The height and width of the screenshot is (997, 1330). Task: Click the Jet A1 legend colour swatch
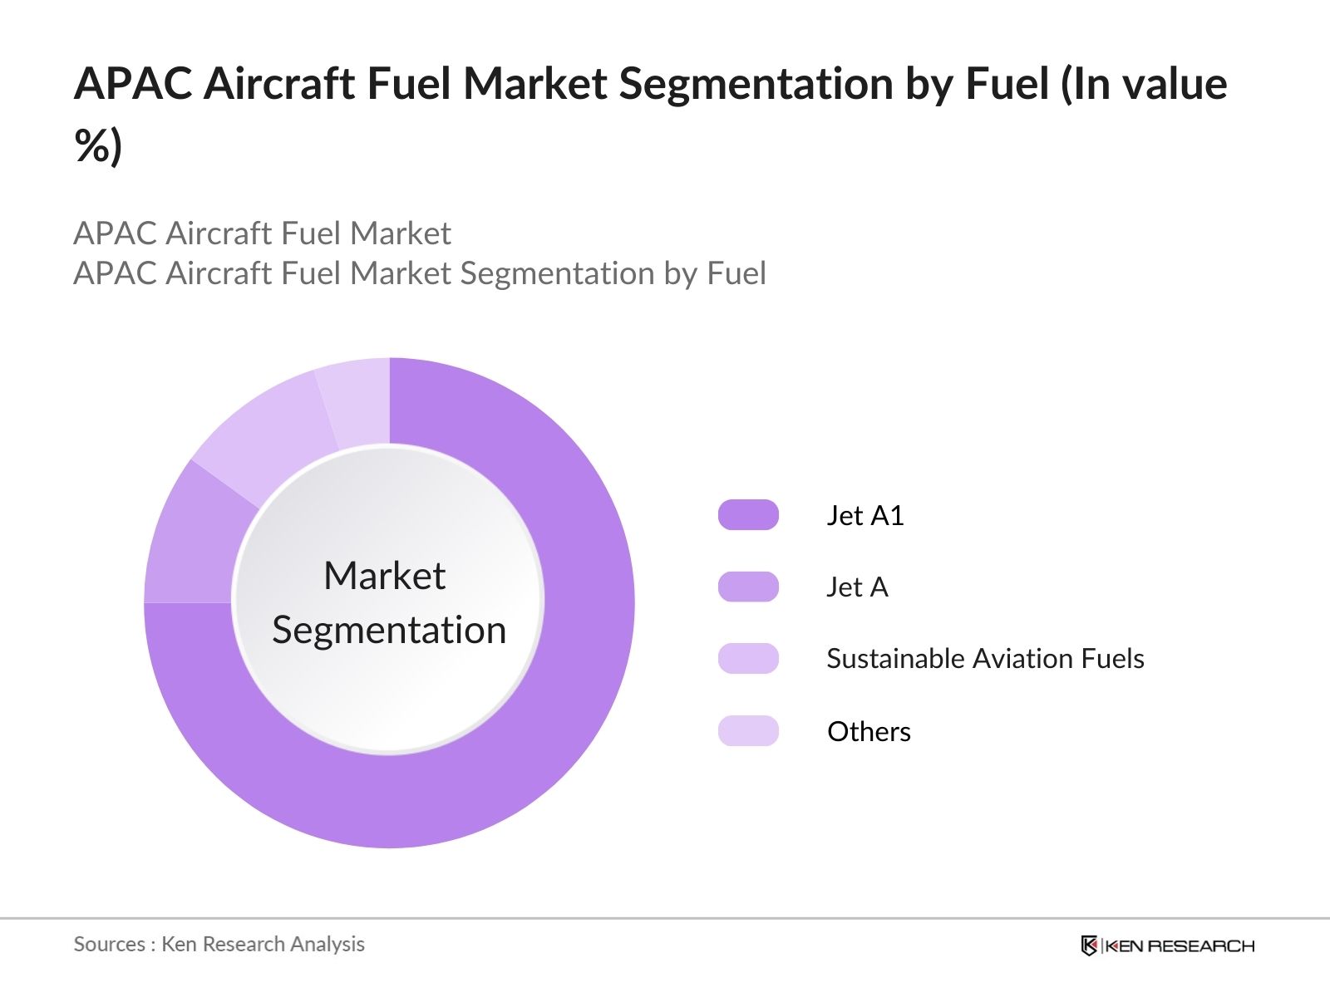[748, 515]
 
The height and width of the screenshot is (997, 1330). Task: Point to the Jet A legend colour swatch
[748, 587]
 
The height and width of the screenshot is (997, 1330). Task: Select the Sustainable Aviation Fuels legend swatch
[748, 658]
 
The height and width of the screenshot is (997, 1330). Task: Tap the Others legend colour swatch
[748, 731]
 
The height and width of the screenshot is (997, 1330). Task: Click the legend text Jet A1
[864, 516]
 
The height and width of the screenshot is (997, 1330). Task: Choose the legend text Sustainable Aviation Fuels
[985, 659]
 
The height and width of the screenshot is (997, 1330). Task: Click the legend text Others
[869, 732]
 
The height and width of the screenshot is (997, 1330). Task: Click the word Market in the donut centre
[384, 576]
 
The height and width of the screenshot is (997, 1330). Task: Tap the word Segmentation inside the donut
[389, 630]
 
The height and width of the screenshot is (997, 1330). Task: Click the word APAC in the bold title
[133, 84]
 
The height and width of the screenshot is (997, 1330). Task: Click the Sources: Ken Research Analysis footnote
[219, 944]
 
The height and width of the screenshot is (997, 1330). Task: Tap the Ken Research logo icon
[1089, 945]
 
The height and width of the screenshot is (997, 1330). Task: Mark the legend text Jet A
[857, 587]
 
